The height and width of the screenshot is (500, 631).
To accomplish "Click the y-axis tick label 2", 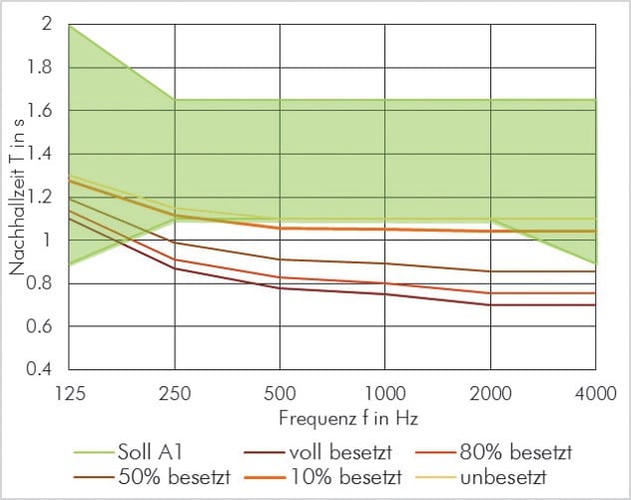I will (x=46, y=24).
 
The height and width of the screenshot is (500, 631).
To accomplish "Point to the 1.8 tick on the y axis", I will (x=39, y=68).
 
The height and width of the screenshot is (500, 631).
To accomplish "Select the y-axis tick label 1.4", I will (x=39, y=154).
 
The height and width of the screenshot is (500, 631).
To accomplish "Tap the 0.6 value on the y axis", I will (x=39, y=326).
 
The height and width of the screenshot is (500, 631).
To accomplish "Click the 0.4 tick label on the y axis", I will (x=39, y=369).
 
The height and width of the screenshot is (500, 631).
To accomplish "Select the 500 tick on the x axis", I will (x=280, y=393).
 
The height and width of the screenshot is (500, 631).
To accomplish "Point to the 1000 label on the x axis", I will (x=385, y=393).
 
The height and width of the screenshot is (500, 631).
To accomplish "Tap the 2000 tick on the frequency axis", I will (x=490, y=393).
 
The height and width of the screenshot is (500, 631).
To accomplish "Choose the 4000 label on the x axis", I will (x=596, y=393).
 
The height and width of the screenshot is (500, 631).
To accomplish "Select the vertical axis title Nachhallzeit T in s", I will (x=18, y=197).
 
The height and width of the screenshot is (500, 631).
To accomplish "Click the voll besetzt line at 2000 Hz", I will (x=490, y=304).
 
